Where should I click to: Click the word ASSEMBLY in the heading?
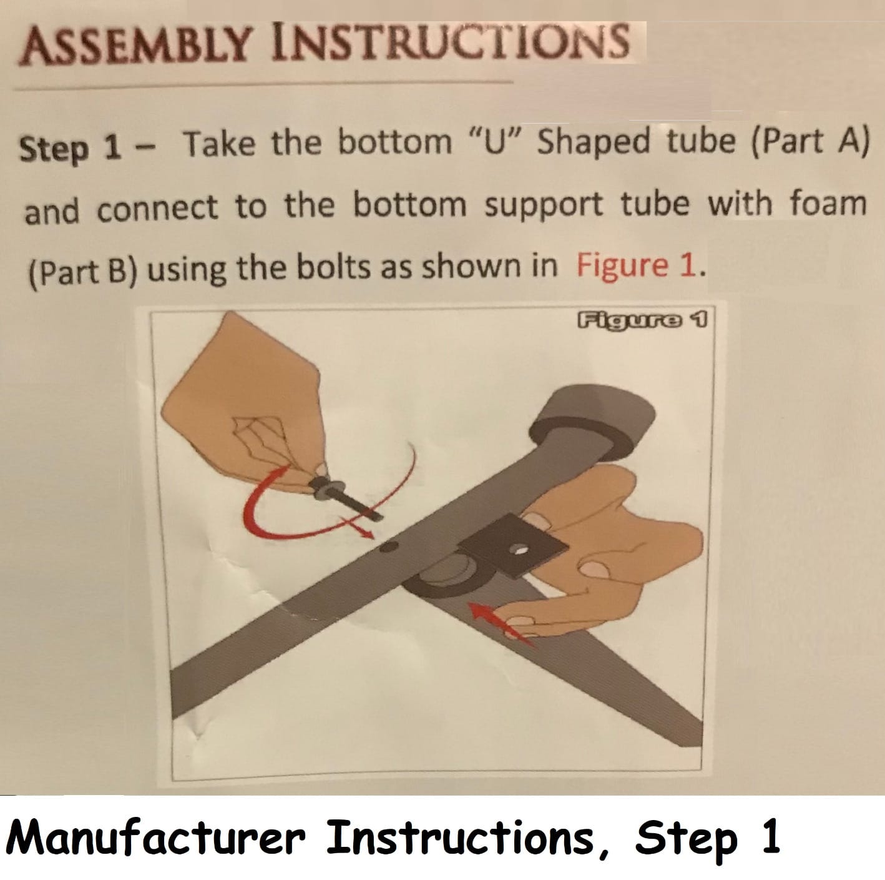point(134,47)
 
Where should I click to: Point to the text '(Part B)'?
point(82,272)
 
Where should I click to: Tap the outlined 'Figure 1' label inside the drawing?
point(642,320)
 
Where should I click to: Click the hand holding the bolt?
point(243,400)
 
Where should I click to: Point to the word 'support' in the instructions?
point(544,205)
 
